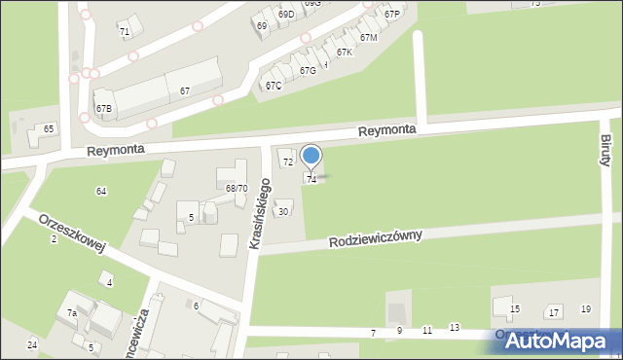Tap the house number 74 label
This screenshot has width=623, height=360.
click(311, 180)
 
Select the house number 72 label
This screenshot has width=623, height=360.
click(288, 162)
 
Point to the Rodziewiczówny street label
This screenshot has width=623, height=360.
click(375, 238)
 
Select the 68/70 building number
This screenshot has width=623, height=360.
click(236, 188)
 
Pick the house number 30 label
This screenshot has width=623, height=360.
click(283, 211)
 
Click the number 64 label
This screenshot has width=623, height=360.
click(100, 191)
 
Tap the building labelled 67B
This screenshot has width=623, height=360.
click(103, 108)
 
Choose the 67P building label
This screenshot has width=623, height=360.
click(391, 15)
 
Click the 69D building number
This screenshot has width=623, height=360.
click(286, 15)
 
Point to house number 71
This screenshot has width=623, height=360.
click(125, 32)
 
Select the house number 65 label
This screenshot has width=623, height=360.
click(49, 128)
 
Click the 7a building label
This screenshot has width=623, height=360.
click(72, 312)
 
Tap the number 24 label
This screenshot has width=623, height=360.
click(32, 345)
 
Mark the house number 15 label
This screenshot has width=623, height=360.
click(515, 309)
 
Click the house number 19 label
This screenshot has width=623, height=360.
click(585, 309)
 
